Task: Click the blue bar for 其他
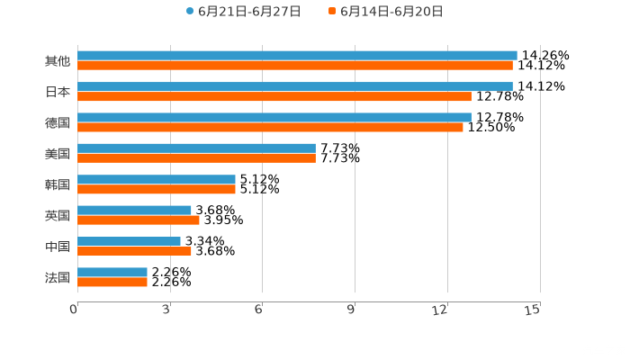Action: tap(297, 55)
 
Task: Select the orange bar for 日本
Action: tap(274, 96)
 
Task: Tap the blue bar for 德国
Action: tap(274, 117)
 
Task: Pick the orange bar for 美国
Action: tap(196, 157)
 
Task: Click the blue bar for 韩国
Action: tap(157, 179)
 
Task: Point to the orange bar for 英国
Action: tap(139, 220)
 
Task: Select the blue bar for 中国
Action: tap(129, 241)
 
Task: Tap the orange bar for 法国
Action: tap(112, 282)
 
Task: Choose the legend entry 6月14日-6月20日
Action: tap(391, 12)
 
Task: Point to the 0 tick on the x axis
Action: tap(75, 309)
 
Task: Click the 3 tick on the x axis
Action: tap(167, 309)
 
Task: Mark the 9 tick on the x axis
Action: tap(352, 309)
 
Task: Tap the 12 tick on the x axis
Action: tap(442, 309)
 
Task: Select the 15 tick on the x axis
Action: tap(534, 309)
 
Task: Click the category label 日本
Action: tap(58, 92)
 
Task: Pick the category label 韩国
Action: tap(58, 184)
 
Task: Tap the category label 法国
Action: tap(58, 277)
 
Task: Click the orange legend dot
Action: tap(332, 12)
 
